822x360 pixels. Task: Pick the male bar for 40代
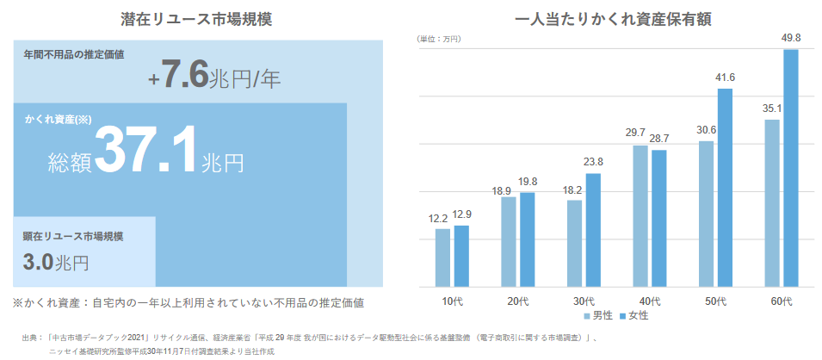(640, 215)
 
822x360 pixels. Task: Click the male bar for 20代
(509, 241)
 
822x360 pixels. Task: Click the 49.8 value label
(791, 38)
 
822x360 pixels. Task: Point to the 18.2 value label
(574, 190)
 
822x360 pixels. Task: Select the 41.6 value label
(726, 78)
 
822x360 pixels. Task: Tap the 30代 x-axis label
(584, 301)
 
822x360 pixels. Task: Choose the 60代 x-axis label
(782, 301)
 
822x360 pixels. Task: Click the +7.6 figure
(179, 77)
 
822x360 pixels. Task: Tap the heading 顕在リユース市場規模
(74, 236)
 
